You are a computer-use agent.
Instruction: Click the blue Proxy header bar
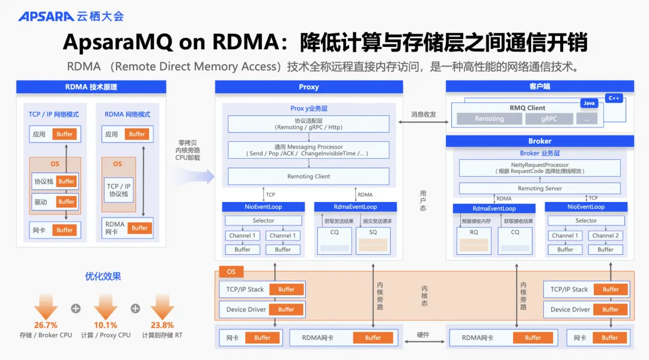coord(309,87)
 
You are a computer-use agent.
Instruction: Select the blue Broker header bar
coord(540,141)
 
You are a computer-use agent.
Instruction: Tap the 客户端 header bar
coord(540,87)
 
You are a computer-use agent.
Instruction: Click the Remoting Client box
coord(308,176)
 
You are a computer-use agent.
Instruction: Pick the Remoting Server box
coord(540,188)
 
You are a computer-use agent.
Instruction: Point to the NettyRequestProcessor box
coord(540,168)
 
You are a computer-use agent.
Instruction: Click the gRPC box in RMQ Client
coord(549,118)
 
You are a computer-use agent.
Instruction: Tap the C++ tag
coord(614,98)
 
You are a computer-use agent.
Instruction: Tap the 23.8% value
coord(162,325)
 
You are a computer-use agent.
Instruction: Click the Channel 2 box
coord(605,236)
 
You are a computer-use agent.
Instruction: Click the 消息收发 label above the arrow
coord(424,114)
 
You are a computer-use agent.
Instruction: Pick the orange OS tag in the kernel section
coord(231,272)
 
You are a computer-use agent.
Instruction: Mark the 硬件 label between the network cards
coord(424,335)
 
